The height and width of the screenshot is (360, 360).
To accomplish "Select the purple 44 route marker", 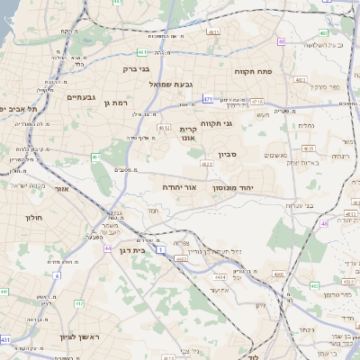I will (x=108, y=247).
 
